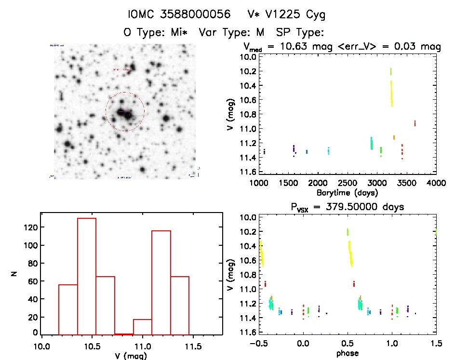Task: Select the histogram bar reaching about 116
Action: (161, 282)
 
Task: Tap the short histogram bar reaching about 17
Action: (143, 327)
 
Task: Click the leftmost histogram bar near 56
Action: (68, 309)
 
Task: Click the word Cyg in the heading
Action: (314, 15)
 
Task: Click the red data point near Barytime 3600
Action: (415, 123)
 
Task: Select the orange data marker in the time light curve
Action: (394, 137)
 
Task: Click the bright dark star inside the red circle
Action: (127, 115)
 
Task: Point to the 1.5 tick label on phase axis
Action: (436, 345)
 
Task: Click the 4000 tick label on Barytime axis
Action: (436, 184)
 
